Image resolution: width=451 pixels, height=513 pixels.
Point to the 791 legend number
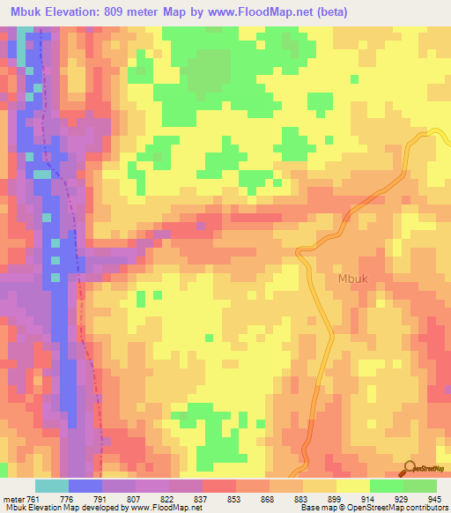(101, 498)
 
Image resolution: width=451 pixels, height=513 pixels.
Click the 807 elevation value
(136, 498)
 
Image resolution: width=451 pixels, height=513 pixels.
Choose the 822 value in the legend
(168, 498)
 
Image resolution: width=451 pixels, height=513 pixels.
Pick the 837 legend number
(202, 498)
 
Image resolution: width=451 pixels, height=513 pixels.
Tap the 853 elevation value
(235, 498)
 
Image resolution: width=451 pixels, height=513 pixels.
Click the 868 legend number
(269, 498)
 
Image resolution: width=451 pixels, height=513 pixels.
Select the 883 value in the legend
(302, 498)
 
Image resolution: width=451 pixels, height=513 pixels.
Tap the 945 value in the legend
(436, 498)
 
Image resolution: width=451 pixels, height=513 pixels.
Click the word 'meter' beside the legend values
(11, 498)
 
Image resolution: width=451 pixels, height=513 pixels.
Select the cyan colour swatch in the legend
(51, 486)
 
